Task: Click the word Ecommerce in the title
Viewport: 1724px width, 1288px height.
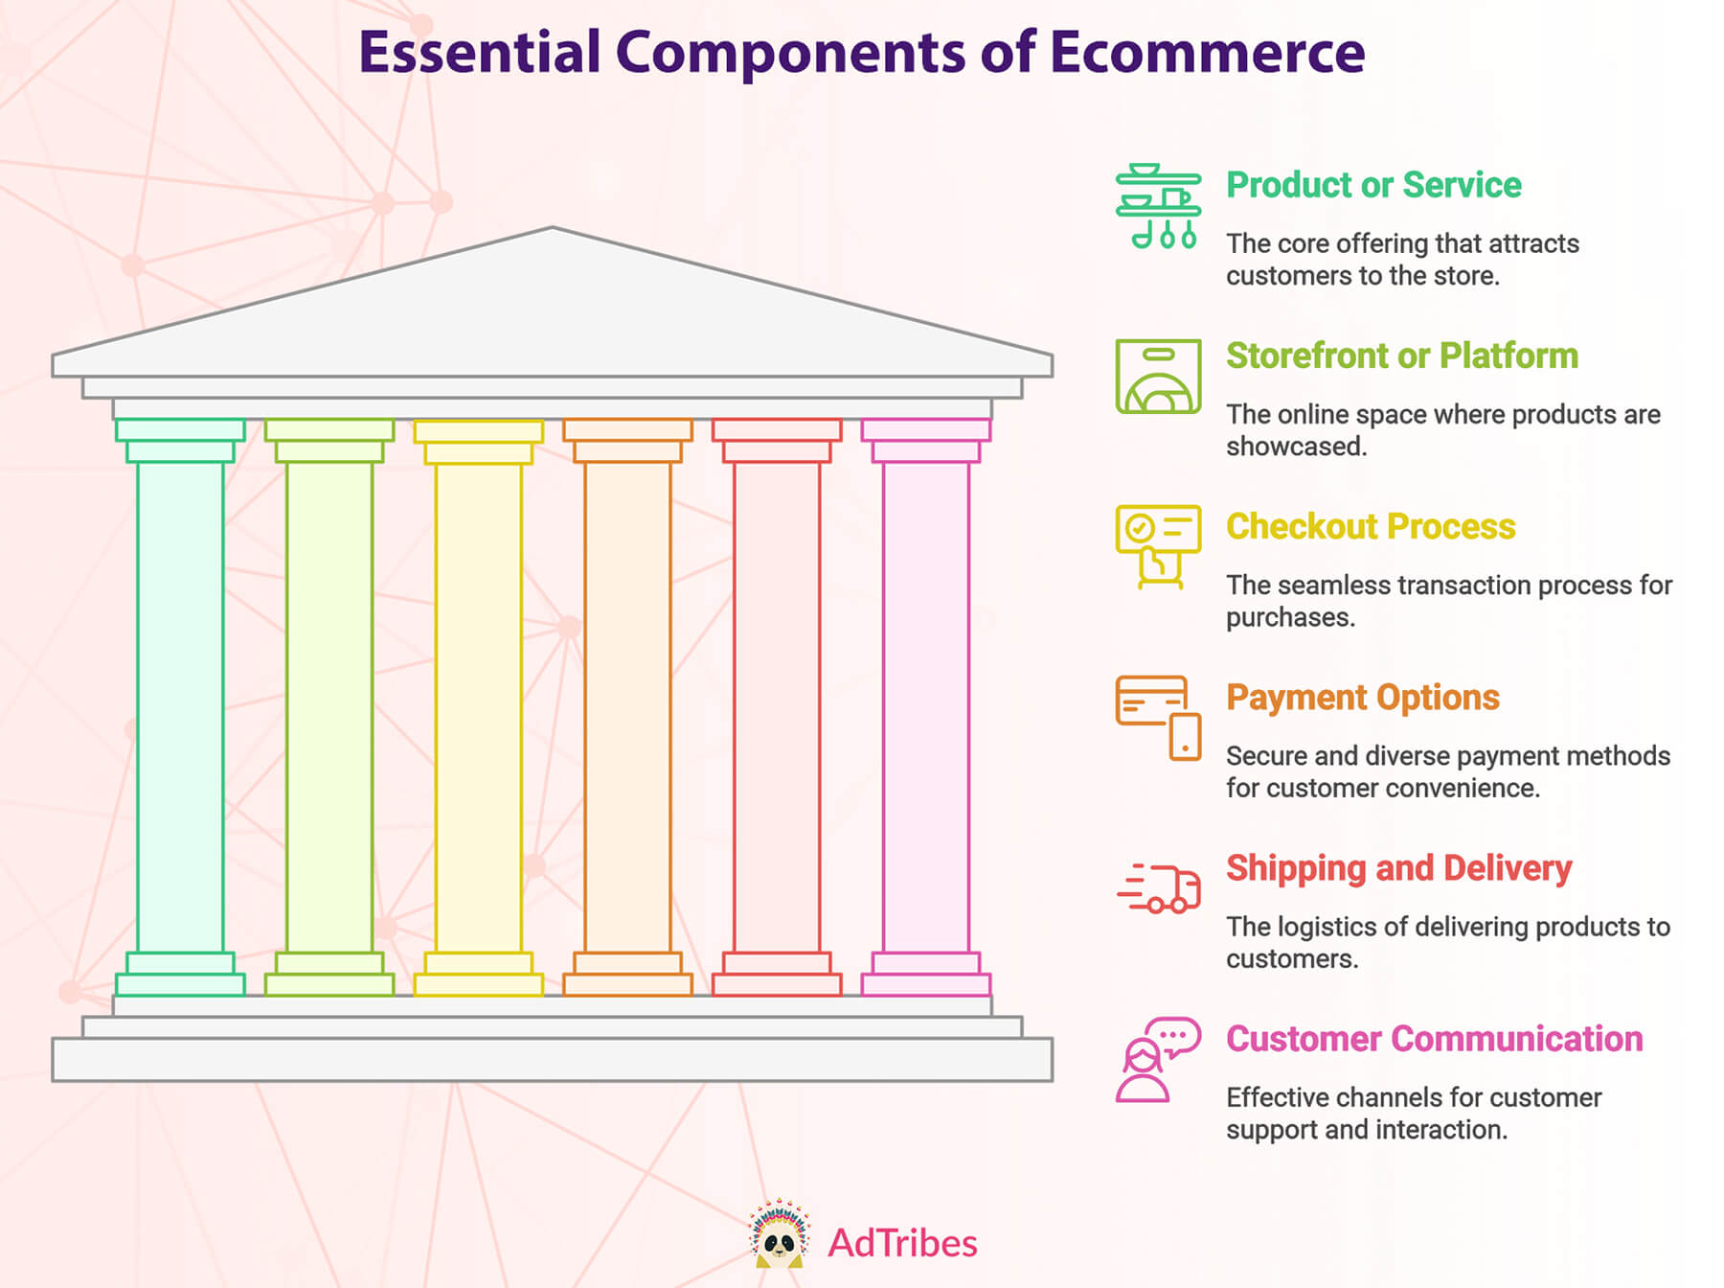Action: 1207,52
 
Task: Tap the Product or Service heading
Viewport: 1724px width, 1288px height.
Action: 1373,184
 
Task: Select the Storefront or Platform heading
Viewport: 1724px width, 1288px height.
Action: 1402,356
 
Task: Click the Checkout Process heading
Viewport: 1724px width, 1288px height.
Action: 1371,526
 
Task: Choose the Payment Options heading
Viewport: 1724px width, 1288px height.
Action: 1363,698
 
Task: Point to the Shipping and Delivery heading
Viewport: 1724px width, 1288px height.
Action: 1399,868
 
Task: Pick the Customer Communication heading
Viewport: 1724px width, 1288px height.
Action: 1435,1039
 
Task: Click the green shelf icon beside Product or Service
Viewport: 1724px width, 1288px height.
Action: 1158,206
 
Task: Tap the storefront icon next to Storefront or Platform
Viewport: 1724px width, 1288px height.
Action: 1158,376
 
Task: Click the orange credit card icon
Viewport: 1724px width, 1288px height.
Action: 1158,718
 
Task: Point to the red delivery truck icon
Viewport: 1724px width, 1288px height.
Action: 1158,887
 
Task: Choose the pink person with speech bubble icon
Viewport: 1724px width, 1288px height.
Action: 1158,1060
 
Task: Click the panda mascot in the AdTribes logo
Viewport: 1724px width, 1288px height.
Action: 780,1234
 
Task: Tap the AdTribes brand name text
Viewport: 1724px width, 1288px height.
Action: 902,1243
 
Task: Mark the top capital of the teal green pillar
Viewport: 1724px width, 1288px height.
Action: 180,441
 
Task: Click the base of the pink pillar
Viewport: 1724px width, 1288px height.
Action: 926,975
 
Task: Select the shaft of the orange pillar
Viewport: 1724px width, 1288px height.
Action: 627,707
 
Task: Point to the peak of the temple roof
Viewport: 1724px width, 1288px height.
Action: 553,228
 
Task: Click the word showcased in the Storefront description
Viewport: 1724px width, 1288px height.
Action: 1296,447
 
